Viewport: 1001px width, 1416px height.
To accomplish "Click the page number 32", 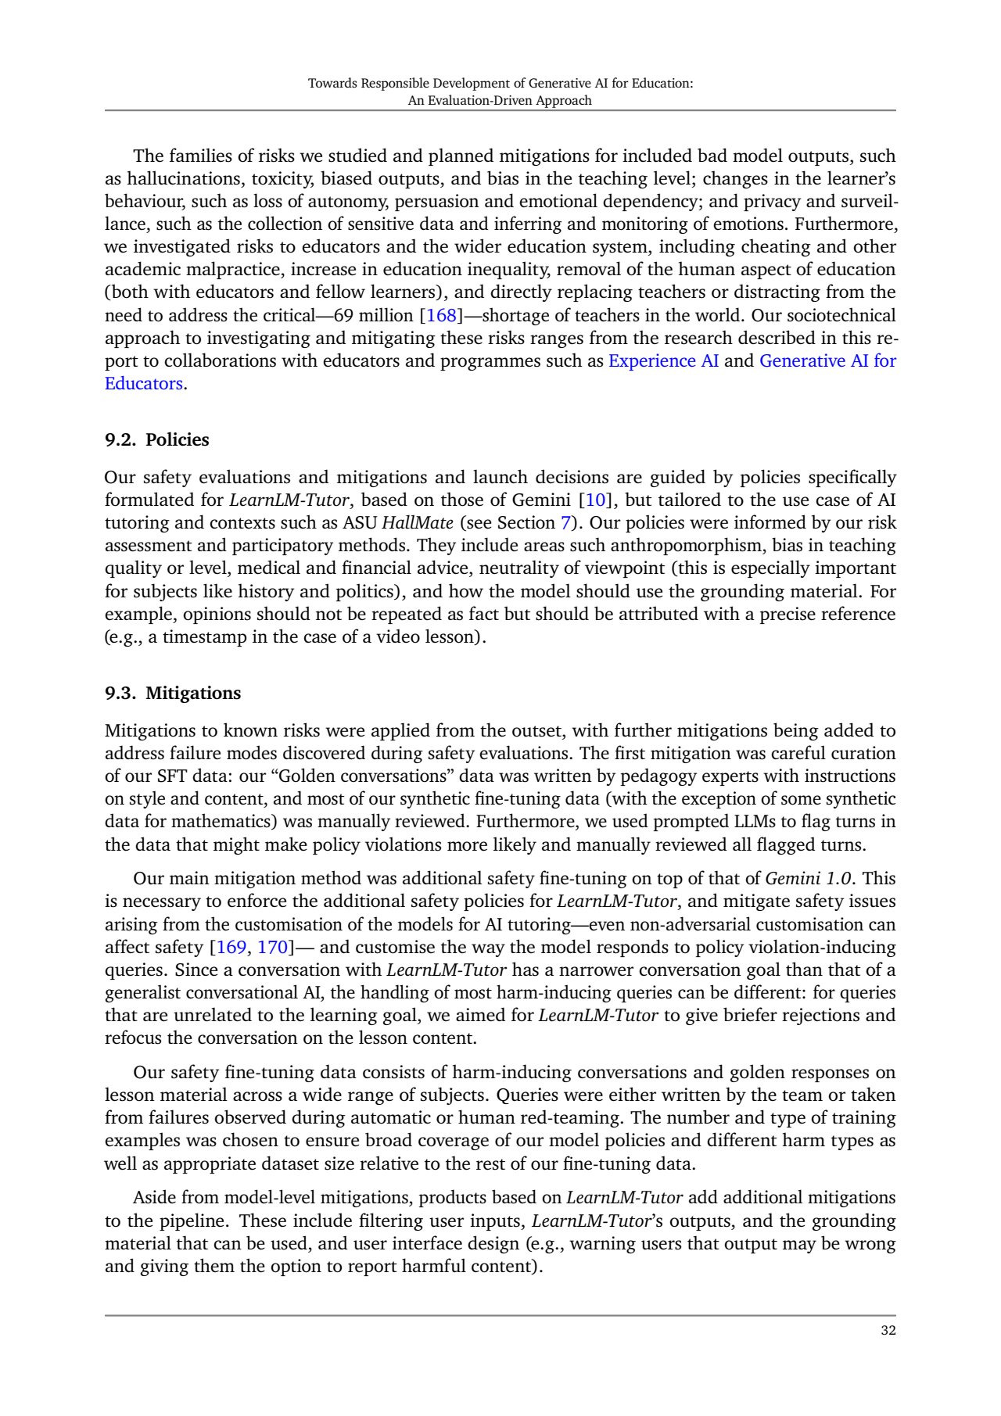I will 888,1331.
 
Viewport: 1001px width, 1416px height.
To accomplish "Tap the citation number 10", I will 595,500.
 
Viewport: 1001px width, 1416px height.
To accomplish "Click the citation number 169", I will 231,948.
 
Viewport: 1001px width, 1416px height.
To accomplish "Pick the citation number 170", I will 273,948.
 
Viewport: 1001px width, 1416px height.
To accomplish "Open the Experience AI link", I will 663,361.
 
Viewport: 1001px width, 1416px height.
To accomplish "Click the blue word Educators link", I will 144,384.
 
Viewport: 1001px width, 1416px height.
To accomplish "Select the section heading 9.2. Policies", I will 156,440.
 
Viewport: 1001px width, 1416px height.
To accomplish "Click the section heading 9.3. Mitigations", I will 173,694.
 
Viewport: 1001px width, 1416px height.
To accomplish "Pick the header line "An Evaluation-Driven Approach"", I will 500,100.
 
